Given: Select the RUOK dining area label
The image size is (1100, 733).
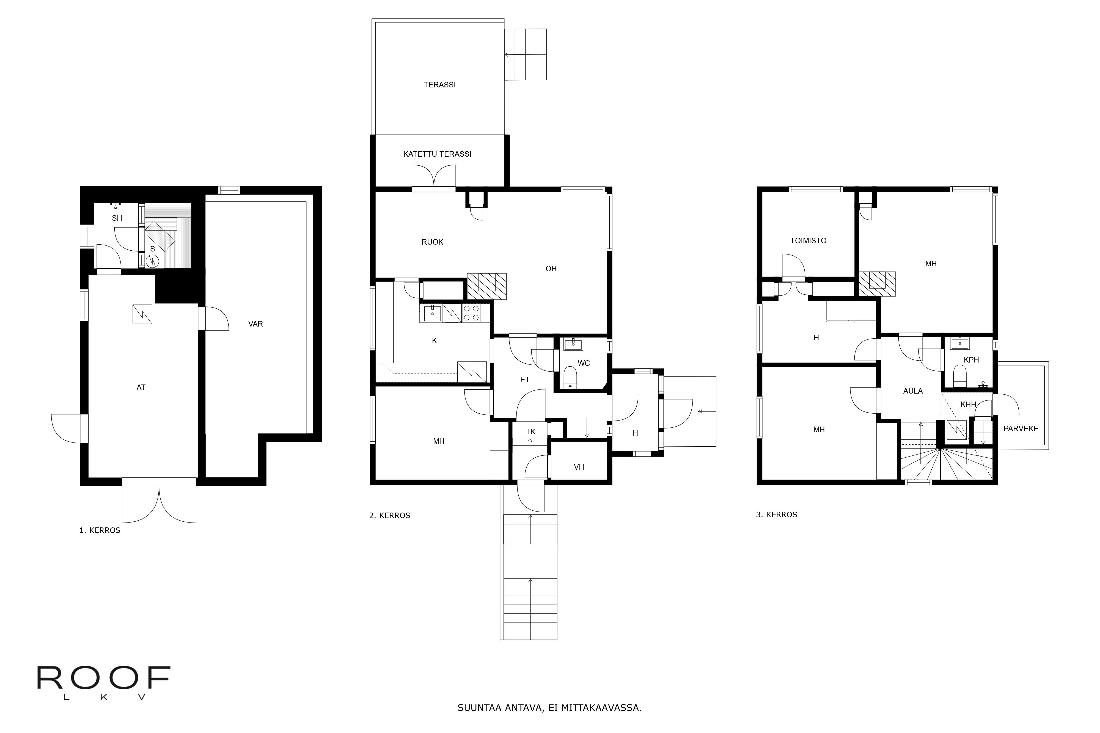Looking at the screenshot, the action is [432, 242].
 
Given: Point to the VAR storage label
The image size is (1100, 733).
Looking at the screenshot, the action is [255, 323].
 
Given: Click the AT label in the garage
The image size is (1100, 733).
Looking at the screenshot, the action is [141, 387].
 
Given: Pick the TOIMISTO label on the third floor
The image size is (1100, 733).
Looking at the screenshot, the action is [808, 240].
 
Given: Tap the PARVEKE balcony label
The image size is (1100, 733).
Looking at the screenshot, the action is [1021, 428].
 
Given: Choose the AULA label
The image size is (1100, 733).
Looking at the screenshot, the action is [912, 391].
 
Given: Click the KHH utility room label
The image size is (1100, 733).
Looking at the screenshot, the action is [968, 404].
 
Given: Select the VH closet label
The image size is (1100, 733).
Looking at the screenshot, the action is [579, 467].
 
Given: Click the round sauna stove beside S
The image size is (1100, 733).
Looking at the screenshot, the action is [152, 260].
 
